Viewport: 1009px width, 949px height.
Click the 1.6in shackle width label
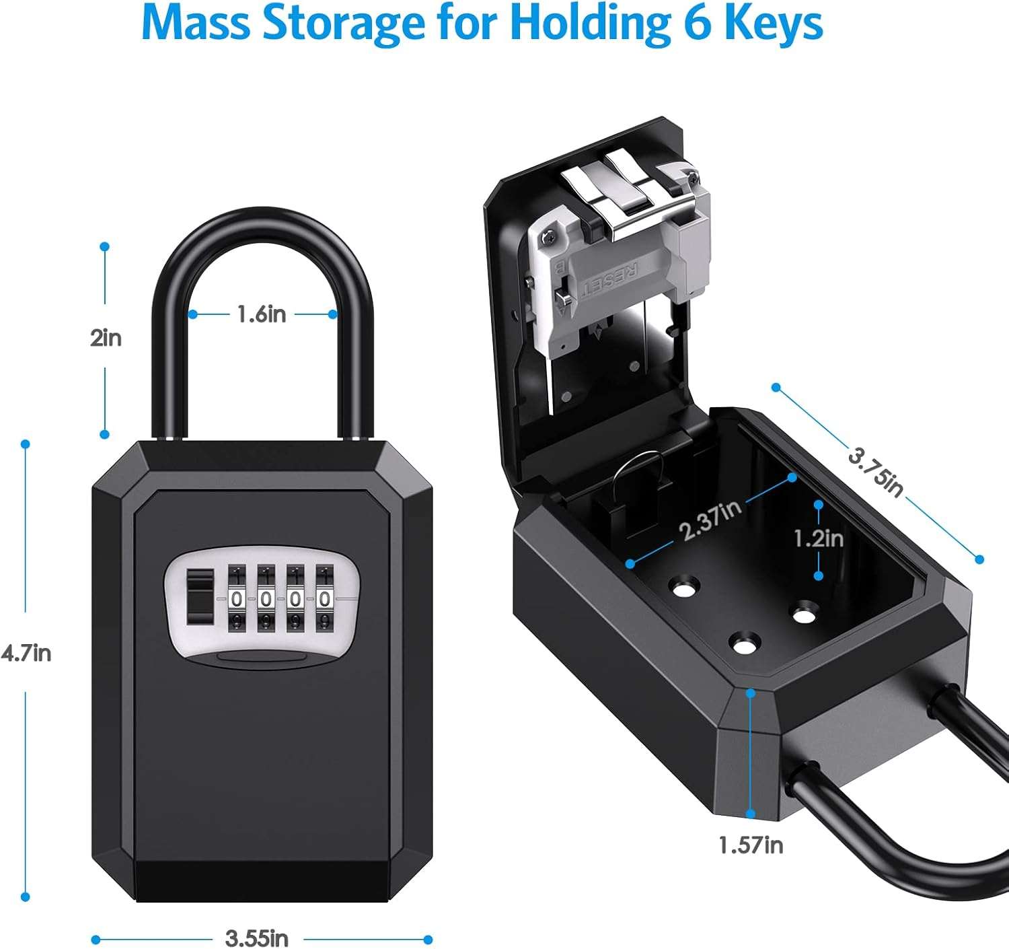(262, 314)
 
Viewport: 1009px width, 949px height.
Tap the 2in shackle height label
(106, 337)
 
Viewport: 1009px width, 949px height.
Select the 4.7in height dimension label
(26, 653)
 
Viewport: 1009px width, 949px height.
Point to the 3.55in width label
(256, 938)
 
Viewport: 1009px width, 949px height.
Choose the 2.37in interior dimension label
(710, 521)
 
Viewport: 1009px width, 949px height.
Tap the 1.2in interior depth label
(819, 538)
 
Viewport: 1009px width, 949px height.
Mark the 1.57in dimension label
(751, 845)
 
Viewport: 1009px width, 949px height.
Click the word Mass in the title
(195, 24)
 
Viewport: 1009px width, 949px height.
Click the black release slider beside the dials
(197, 597)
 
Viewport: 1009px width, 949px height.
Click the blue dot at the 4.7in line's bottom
(26, 897)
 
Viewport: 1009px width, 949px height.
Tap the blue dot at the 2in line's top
(104, 247)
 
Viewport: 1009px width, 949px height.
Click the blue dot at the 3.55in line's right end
(428, 940)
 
